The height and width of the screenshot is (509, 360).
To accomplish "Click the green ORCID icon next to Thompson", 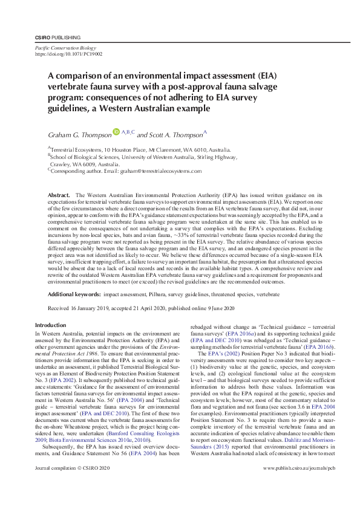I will click(117, 131).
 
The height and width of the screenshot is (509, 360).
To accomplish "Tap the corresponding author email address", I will click(169, 171).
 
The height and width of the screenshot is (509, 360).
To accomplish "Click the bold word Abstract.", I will click(59, 196).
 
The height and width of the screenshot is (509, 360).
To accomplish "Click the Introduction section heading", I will click(51, 325).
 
